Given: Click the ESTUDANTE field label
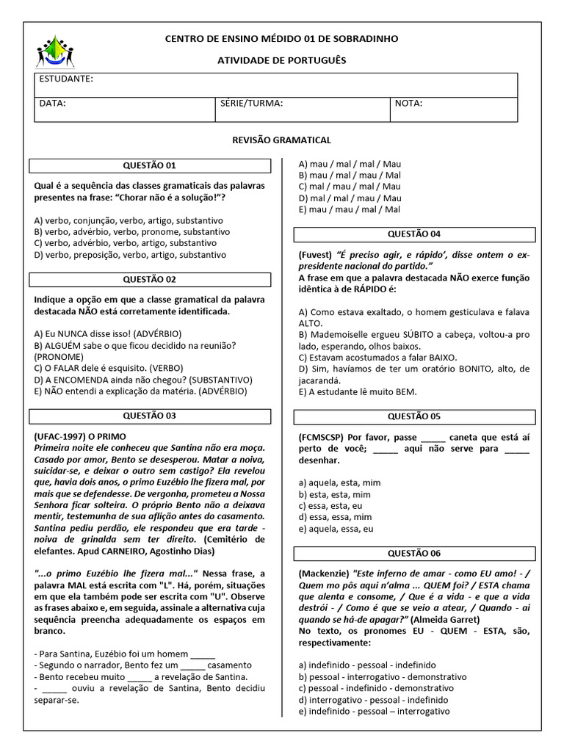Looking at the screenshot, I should [65, 79].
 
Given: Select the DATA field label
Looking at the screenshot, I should [52, 104].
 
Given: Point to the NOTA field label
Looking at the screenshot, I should [408, 104].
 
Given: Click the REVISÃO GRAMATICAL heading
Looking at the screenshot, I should [281, 140].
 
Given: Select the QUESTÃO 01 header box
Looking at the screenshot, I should [149, 166].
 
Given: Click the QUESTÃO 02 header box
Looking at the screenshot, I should [149, 280].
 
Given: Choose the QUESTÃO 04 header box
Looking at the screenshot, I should [414, 234].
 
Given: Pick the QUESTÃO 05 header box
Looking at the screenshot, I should [414, 416].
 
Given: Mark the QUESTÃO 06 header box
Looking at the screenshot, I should [414, 554].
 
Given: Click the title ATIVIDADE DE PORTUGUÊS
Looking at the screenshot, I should [281, 60].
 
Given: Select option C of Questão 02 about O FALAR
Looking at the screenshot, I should [109, 368].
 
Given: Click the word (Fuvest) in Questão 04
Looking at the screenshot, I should [315, 255].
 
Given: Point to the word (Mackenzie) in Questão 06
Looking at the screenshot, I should [324, 574].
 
